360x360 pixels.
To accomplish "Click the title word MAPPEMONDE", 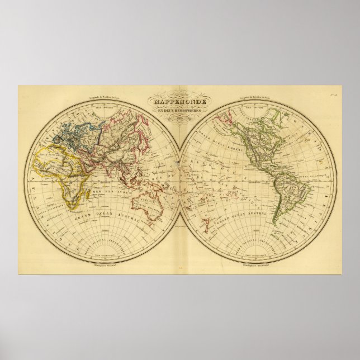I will point(179,102).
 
